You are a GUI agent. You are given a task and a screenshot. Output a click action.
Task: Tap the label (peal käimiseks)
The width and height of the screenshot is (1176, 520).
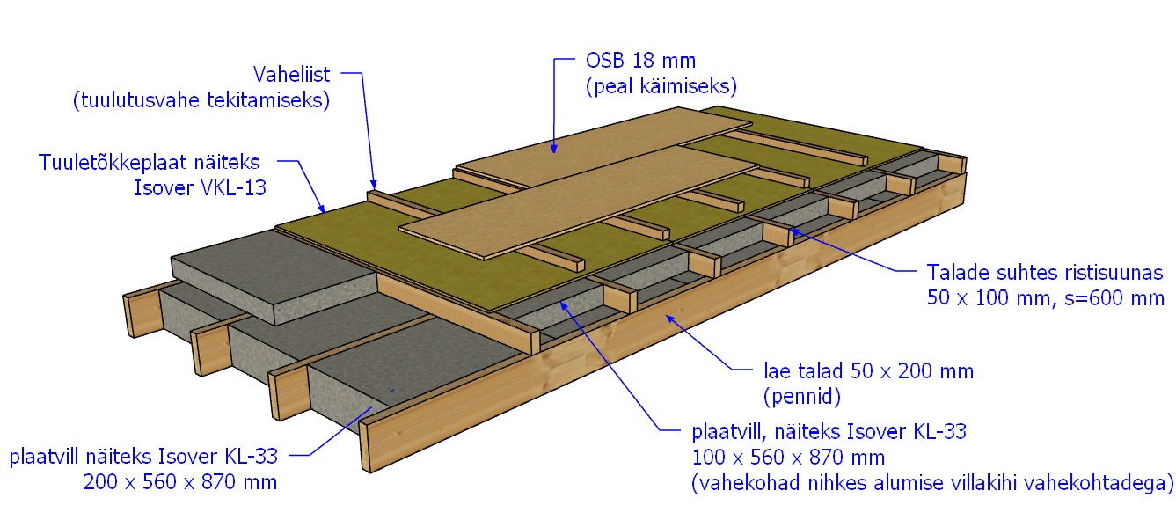661,86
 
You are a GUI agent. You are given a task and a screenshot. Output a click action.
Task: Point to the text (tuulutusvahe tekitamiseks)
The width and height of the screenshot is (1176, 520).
201,100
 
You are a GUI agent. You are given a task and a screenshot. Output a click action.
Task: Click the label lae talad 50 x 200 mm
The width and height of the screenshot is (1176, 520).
868,370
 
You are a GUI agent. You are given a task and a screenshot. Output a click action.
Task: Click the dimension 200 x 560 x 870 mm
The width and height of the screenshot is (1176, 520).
180,481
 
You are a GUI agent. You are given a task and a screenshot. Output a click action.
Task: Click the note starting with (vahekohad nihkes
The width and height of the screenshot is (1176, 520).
932,483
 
